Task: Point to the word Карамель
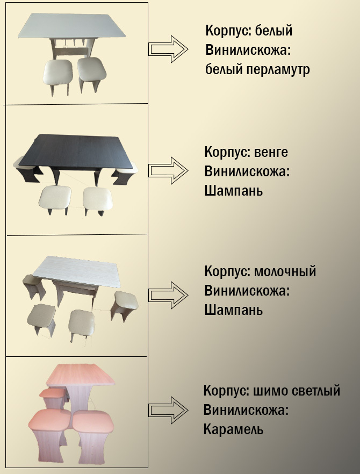click(233, 430)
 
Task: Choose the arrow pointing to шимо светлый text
click(168, 410)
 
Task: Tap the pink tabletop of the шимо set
click(81, 375)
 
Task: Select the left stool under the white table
click(57, 73)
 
